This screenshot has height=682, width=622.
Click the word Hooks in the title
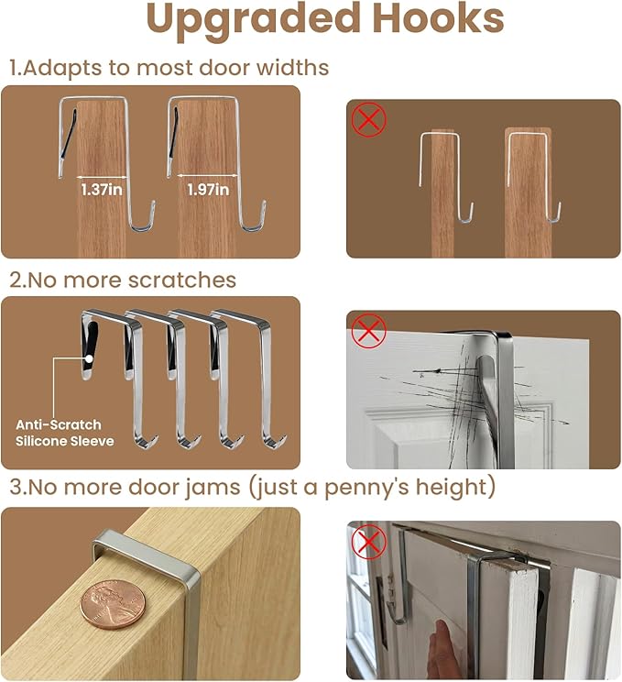click(438, 17)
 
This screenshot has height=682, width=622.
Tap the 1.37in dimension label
click(102, 190)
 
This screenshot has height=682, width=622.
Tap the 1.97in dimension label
click(208, 190)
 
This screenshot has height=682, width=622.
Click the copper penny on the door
click(113, 604)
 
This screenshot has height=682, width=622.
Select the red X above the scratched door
click(368, 331)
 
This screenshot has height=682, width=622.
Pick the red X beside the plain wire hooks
click(368, 119)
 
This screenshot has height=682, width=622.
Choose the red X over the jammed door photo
click(368, 542)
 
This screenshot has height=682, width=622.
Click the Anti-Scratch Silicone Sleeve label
click(65, 433)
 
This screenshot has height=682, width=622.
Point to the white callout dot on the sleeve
click(89, 358)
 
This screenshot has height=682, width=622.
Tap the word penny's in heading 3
click(366, 487)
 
